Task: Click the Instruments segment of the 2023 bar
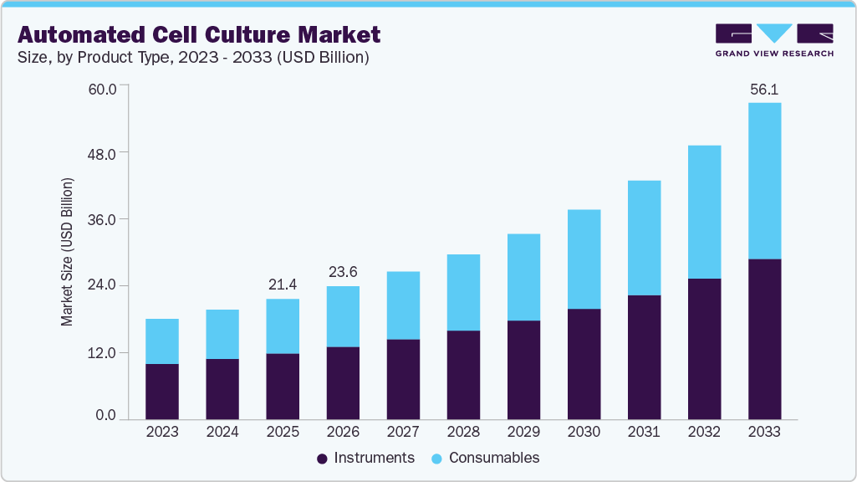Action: (x=161, y=391)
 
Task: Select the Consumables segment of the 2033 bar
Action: (x=764, y=181)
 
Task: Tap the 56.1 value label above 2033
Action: (x=764, y=89)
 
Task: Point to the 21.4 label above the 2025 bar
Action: (x=283, y=285)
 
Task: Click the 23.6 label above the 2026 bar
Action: (x=343, y=272)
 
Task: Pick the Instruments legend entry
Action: (x=365, y=458)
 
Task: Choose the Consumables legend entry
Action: (x=485, y=458)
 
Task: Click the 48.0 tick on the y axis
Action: (x=105, y=153)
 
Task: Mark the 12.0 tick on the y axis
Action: (x=105, y=352)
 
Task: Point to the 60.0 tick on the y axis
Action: (x=105, y=87)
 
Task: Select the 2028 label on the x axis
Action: (x=463, y=432)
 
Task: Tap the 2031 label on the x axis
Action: (x=644, y=432)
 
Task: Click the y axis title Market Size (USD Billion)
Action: (x=67, y=252)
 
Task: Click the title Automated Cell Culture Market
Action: (x=199, y=34)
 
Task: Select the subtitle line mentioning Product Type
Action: (x=193, y=58)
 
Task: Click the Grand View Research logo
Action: (x=773, y=39)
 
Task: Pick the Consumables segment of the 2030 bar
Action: (x=584, y=259)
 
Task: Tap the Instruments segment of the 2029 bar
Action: (x=523, y=369)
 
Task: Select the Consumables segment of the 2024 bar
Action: (x=222, y=334)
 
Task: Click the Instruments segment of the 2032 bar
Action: (x=704, y=348)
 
